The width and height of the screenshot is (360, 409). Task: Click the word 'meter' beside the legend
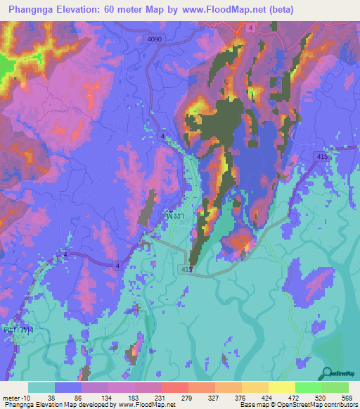click(x=12, y=398)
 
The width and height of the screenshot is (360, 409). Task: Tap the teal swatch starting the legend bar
click(x=41, y=387)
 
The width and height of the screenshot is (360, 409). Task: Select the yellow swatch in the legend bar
click(x=281, y=387)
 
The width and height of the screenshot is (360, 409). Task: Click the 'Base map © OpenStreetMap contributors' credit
click(x=298, y=405)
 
